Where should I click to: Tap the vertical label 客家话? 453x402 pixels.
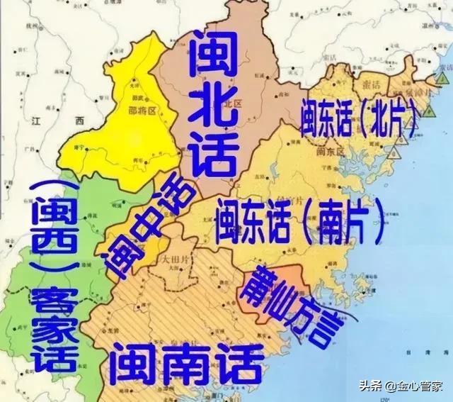[x=50, y=325]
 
